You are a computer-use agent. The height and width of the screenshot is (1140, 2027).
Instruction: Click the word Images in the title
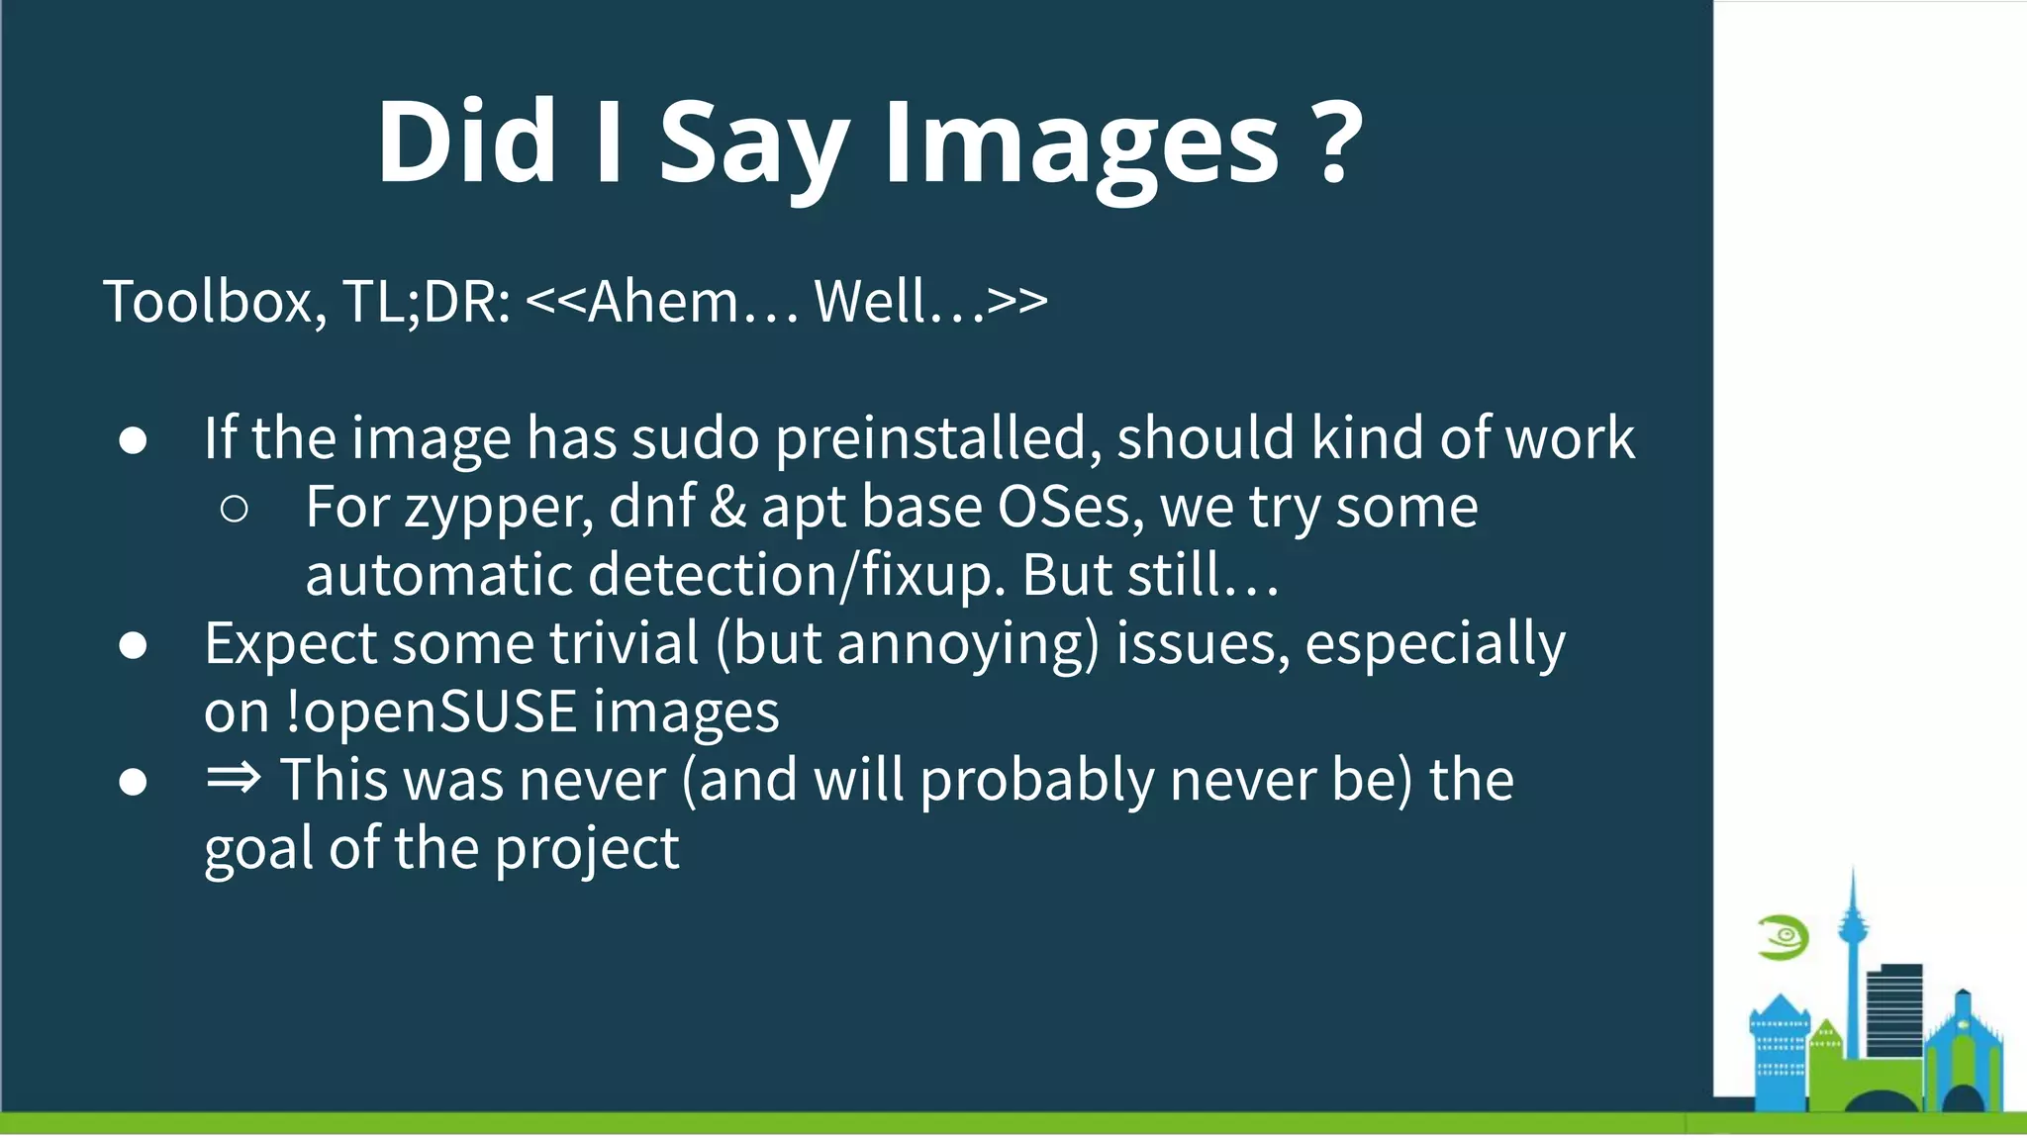point(1081,144)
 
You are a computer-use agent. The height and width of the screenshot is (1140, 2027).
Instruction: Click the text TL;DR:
point(427,301)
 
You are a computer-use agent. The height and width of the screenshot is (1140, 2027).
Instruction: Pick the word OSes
point(1070,507)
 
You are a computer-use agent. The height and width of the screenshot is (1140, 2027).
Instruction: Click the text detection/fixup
point(797,575)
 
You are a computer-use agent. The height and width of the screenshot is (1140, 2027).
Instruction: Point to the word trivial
point(625,643)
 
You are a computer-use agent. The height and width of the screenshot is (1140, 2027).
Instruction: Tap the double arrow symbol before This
point(234,779)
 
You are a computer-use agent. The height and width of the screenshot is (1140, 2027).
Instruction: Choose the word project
point(586,849)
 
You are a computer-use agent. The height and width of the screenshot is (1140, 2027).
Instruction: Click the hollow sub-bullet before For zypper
point(235,509)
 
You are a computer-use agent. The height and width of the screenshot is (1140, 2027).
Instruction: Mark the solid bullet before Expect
point(133,645)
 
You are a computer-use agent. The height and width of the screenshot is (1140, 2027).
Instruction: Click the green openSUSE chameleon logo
point(1784,937)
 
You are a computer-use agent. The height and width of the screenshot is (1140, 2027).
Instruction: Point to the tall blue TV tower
point(1852,950)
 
